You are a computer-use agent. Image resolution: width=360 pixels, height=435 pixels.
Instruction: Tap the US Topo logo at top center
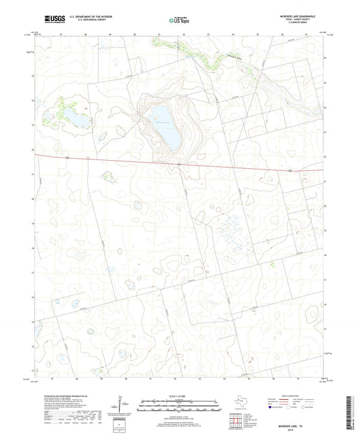coord(179,20)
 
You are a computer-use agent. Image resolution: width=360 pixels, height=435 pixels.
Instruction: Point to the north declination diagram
coord(122,406)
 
